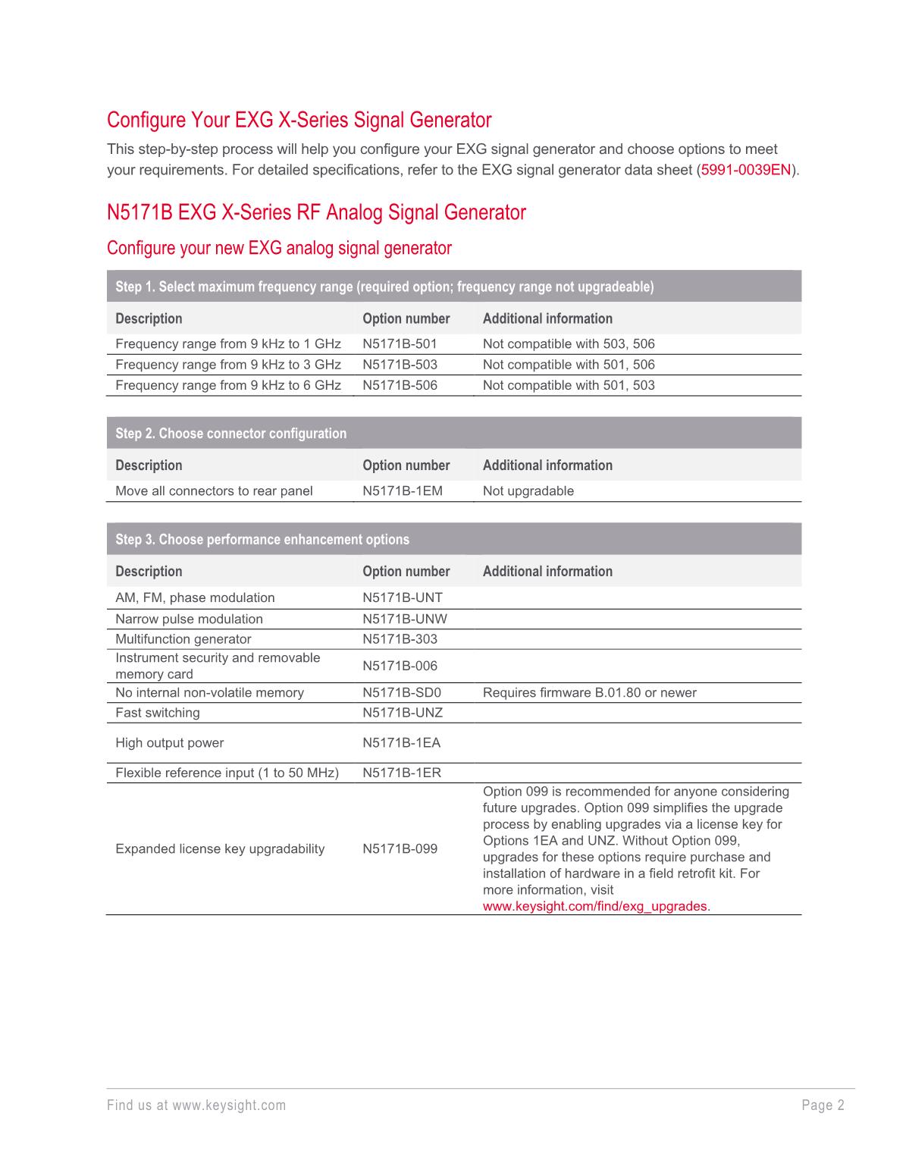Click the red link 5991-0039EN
point(746,170)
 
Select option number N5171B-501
point(400,344)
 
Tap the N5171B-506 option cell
point(400,385)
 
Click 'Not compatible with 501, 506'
point(569,365)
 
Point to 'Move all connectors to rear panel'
point(214,491)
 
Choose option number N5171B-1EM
point(403,491)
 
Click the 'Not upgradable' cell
point(528,491)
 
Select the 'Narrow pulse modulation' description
point(189,619)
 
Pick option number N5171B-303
point(400,639)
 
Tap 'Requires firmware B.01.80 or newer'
point(589,692)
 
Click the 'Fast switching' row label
point(158,713)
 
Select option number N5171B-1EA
point(401,743)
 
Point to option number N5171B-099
point(400,849)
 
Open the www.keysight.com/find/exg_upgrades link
point(595,906)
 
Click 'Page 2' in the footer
point(823,1105)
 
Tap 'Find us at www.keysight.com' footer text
point(196,1105)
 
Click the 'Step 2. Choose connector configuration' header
point(230,434)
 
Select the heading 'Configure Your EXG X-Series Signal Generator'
point(299,120)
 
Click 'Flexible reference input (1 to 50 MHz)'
point(227,773)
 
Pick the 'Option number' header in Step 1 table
point(406,319)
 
